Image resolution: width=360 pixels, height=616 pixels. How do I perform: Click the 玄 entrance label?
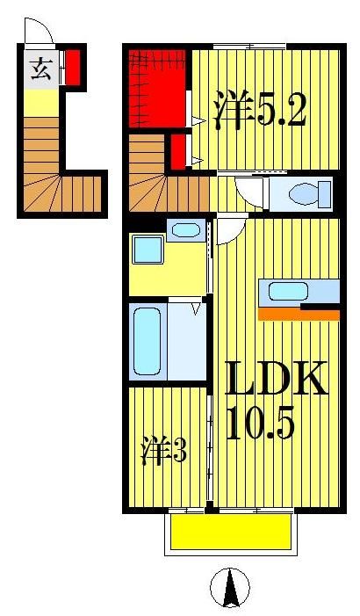tap(40, 69)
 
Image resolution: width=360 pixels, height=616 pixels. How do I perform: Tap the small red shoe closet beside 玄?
tap(74, 68)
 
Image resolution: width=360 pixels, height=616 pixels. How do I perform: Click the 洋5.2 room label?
tap(259, 112)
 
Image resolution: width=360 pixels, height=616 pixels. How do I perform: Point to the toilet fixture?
tap(299, 192)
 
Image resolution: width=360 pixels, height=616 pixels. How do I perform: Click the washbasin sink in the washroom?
tap(185, 232)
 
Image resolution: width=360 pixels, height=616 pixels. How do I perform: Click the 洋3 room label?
tap(164, 452)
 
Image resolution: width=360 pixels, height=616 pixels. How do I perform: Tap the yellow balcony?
tap(230, 532)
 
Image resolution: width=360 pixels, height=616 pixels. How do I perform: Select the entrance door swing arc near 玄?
tap(40, 35)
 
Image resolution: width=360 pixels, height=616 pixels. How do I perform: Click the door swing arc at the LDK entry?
tap(229, 231)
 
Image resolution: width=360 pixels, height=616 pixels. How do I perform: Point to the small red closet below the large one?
tap(178, 149)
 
